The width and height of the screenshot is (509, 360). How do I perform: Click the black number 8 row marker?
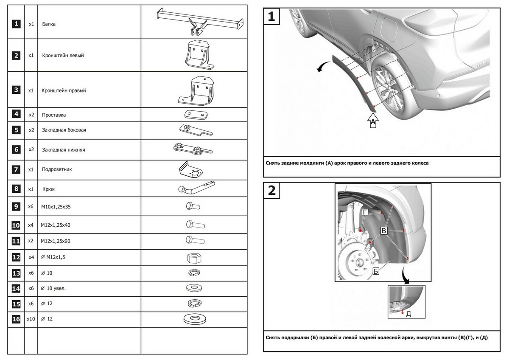click(16, 189)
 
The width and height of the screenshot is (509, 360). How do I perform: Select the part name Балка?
click(49, 24)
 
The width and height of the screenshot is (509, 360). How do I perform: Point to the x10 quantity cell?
click(31, 318)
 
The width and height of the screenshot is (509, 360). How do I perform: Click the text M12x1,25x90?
click(55, 241)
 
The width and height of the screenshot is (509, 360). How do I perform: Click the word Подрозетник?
click(57, 169)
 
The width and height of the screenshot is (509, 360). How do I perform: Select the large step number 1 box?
click(272, 17)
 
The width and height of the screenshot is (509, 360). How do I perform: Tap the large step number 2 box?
click(272, 191)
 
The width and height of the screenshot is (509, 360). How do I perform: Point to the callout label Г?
click(365, 212)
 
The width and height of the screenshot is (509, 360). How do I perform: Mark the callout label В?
click(383, 231)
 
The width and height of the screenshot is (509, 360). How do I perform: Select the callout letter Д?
click(408, 314)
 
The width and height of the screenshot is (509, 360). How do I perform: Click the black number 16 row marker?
click(16, 318)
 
